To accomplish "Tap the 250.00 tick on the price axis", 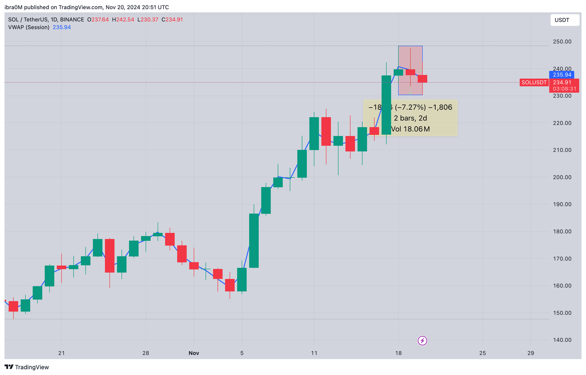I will coord(562,42).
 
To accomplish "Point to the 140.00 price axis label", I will coord(562,340).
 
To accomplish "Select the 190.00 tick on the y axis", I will coord(562,204).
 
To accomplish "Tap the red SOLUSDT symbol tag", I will coord(534,82).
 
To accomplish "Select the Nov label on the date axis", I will coord(194,353).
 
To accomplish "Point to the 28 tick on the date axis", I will coord(146,353).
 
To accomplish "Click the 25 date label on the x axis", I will coord(483,353).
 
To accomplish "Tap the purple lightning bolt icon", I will coord(422,340).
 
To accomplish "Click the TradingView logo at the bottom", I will coord(27,367).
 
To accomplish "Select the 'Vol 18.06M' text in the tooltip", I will coord(410,129).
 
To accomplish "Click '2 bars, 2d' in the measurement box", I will coord(410,118).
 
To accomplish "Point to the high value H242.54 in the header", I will coord(123,19).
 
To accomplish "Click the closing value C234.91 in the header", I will coord(172,19).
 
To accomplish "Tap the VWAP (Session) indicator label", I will coord(29,27).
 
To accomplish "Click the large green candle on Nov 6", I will coord(254,240).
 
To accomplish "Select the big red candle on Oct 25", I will coord(109,255).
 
